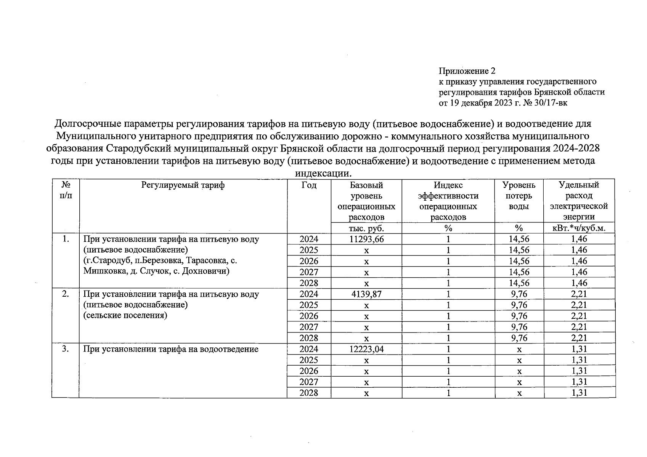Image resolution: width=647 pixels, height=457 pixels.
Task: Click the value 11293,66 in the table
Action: (366, 239)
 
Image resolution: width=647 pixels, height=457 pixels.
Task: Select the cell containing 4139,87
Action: (366, 294)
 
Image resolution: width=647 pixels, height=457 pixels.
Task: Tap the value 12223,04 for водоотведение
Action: (366, 349)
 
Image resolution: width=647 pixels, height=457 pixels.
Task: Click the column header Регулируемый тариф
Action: (183, 185)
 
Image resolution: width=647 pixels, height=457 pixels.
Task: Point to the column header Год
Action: (309, 185)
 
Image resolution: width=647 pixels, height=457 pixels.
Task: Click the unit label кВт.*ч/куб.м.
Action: (579, 228)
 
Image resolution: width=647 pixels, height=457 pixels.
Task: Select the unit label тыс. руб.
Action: (366, 228)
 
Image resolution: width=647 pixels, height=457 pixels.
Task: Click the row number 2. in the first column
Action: (66, 294)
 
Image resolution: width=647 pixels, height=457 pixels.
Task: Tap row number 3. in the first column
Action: (66, 349)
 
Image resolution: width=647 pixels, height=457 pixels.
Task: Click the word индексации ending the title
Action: (322, 174)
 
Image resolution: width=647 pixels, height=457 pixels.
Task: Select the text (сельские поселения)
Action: (125, 316)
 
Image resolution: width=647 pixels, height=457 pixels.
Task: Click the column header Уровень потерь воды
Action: (519, 196)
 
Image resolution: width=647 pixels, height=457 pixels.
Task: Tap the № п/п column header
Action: (66, 190)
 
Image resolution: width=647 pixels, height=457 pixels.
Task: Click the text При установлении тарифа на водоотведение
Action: (171, 349)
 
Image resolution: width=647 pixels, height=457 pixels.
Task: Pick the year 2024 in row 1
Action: (309, 239)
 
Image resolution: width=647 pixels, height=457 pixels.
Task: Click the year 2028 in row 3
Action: (309, 393)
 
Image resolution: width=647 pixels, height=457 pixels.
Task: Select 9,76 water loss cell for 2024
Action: (519, 294)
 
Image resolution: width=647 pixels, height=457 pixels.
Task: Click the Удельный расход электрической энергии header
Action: (579, 201)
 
